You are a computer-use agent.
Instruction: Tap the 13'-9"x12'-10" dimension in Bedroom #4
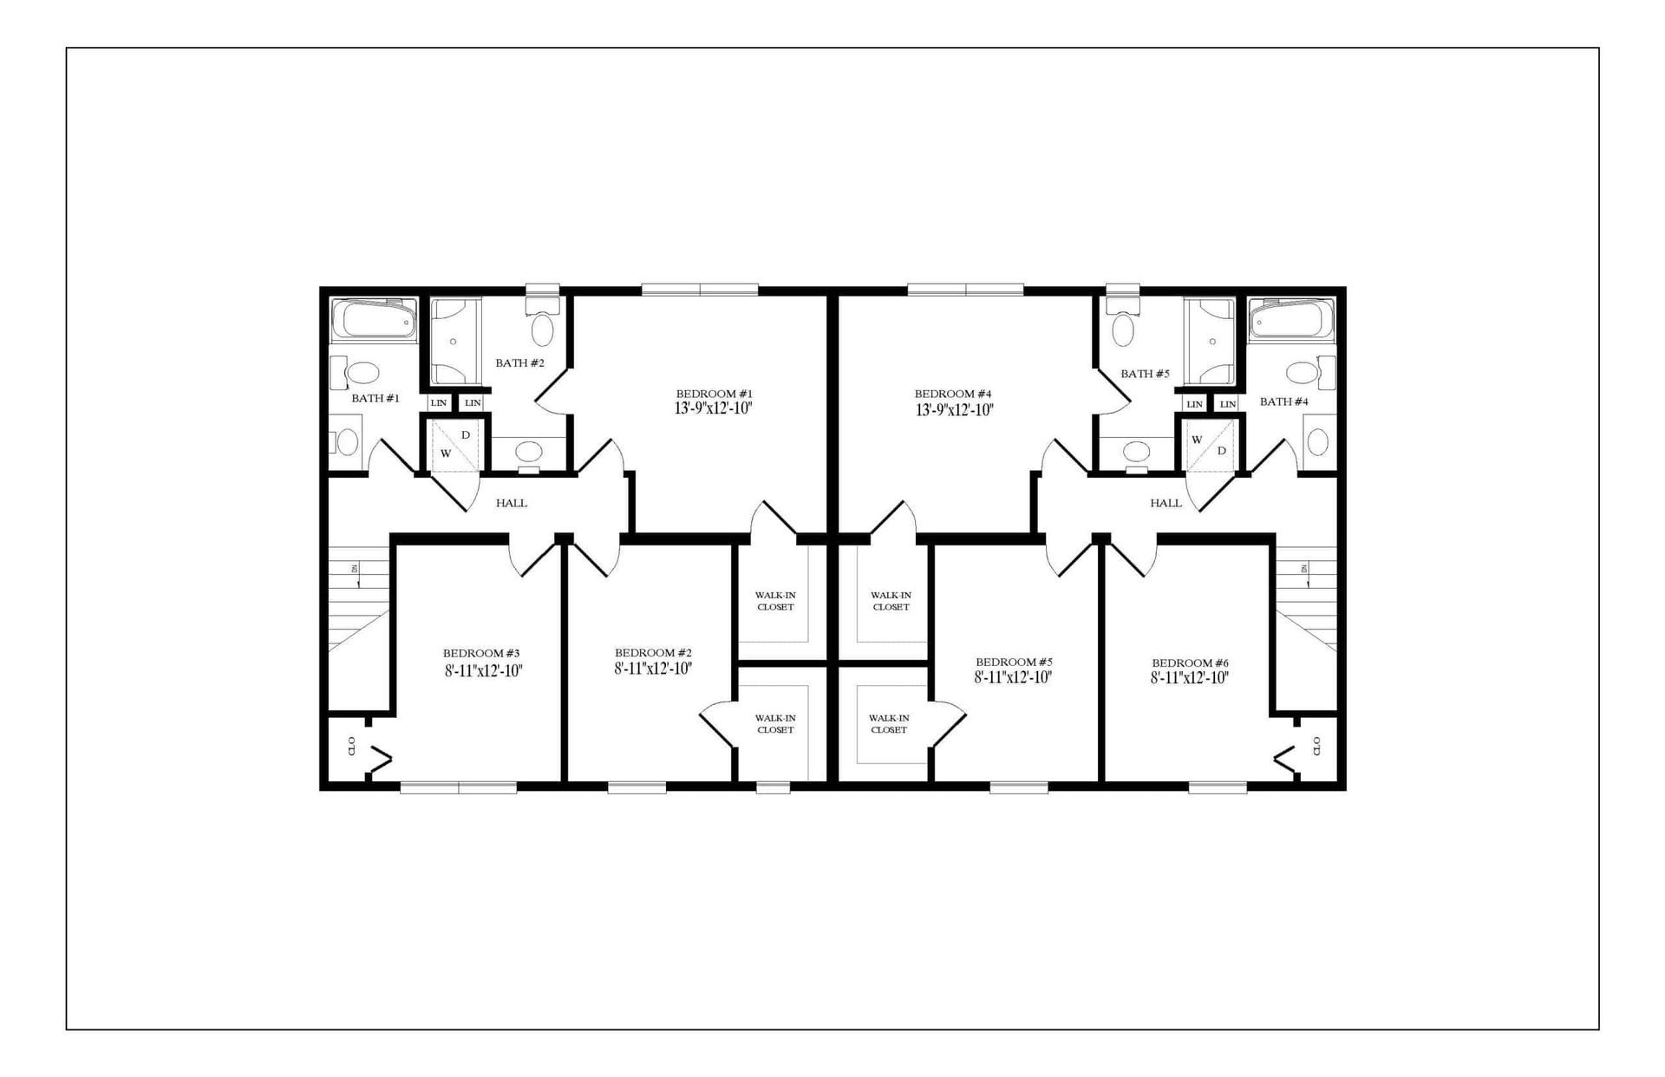[954, 410]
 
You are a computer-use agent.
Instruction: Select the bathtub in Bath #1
[374, 320]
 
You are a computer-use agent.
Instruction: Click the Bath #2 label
[519, 362]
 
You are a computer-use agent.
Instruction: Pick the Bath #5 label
[1145, 374]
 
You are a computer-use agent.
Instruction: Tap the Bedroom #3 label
[481, 653]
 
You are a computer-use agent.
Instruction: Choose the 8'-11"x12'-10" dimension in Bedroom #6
[1190, 678]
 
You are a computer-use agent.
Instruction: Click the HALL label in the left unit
[512, 503]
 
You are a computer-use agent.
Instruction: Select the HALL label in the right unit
[1165, 503]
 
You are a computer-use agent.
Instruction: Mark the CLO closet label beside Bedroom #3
[351, 746]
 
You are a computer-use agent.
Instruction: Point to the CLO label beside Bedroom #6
[1316, 746]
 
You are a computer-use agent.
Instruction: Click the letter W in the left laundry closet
[446, 453]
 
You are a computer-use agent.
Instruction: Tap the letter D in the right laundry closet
[1221, 451]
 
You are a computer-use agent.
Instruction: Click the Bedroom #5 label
[1014, 661]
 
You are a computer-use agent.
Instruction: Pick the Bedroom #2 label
[653, 653]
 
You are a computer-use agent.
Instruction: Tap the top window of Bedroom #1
[700, 290]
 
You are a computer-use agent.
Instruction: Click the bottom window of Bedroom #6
[1217, 787]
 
